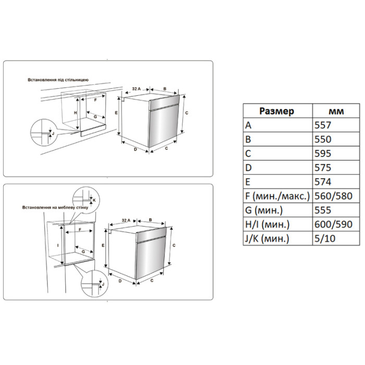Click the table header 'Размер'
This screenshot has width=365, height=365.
(276, 111)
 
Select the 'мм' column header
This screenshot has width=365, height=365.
(336, 112)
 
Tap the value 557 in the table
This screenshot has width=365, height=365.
(323, 125)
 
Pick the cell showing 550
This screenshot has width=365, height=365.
(323, 139)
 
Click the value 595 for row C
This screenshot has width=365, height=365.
(323, 153)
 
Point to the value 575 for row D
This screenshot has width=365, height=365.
(323, 167)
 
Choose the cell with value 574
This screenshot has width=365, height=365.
(323, 182)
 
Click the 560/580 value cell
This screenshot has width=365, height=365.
(333, 196)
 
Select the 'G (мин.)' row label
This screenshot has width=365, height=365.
(264, 210)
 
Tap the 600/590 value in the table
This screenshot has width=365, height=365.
(333, 224)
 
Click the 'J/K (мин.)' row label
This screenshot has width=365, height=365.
(267, 239)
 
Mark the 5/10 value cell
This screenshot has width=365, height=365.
(325, 239)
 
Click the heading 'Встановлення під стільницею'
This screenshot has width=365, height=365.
(58, 80)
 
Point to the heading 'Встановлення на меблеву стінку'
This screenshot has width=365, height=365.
(55, 207)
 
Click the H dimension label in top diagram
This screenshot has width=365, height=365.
(75, 113)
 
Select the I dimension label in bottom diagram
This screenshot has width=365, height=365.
(58, 245)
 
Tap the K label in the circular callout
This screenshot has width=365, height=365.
(94, 200)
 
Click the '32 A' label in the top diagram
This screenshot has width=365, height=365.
(137, 89)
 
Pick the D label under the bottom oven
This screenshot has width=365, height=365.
(120, 281)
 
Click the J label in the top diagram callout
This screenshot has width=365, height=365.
(53, 133)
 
